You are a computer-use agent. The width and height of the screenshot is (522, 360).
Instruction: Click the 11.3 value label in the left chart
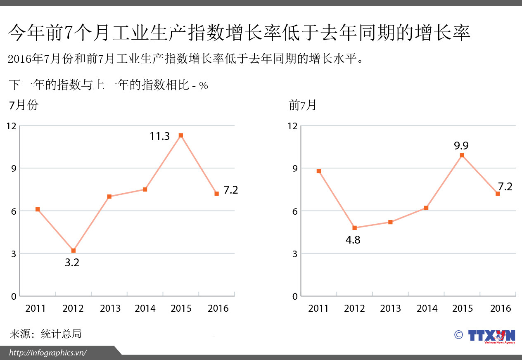pyautogui.click(x=159, y=136)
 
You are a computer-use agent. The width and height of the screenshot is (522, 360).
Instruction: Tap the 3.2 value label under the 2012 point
pyautogui.click(x=72, y=263)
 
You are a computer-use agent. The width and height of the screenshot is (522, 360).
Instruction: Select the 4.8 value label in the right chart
pyautogui.click(x=353, y=240)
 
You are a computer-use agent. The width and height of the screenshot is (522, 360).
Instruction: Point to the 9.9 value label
pyautogui.click(x=461, y=146)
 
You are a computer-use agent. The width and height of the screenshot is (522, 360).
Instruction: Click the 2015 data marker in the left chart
pyautogui.click(x=180, y=135)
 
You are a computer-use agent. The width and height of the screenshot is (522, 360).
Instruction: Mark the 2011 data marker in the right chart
pyautogui.click(x=318, y=171)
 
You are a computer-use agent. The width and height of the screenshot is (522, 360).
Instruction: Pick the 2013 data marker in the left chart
pyautogui.click(x=109, y=197)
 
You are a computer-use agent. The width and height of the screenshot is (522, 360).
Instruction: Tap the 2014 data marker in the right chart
pyautogui.click(x=426, y=208)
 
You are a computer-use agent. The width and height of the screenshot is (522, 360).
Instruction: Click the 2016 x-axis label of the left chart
pyautogui.click(x=218, y=309)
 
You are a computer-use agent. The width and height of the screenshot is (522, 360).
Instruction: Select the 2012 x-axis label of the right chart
pyautogui.click(x=354, y=309)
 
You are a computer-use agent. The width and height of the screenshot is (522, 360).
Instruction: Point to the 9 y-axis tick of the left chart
pyautogui.click(x=14, y=168)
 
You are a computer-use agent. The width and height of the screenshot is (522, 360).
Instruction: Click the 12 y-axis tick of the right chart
pyautogui.click(x=292, y=126)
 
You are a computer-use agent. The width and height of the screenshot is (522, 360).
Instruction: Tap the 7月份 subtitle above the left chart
pyautogui.click(x=24, y=105)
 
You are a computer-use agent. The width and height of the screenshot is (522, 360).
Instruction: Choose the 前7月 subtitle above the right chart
pyautogui.click(x=303, y=105)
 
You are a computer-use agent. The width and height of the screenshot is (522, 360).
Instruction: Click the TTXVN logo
pyautogui.click(x=491, y=335)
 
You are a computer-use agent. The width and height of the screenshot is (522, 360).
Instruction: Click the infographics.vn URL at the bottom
pyautogui.click(x=48, y=353)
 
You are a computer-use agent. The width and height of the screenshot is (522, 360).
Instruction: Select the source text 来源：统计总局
pyautogui.click(x=45, y=334)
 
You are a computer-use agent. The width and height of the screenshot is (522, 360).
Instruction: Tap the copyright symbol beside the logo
pyautogui.click(x=458, y=334)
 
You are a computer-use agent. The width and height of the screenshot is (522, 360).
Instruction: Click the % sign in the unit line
pyautogui.click(x=203, y=86)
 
